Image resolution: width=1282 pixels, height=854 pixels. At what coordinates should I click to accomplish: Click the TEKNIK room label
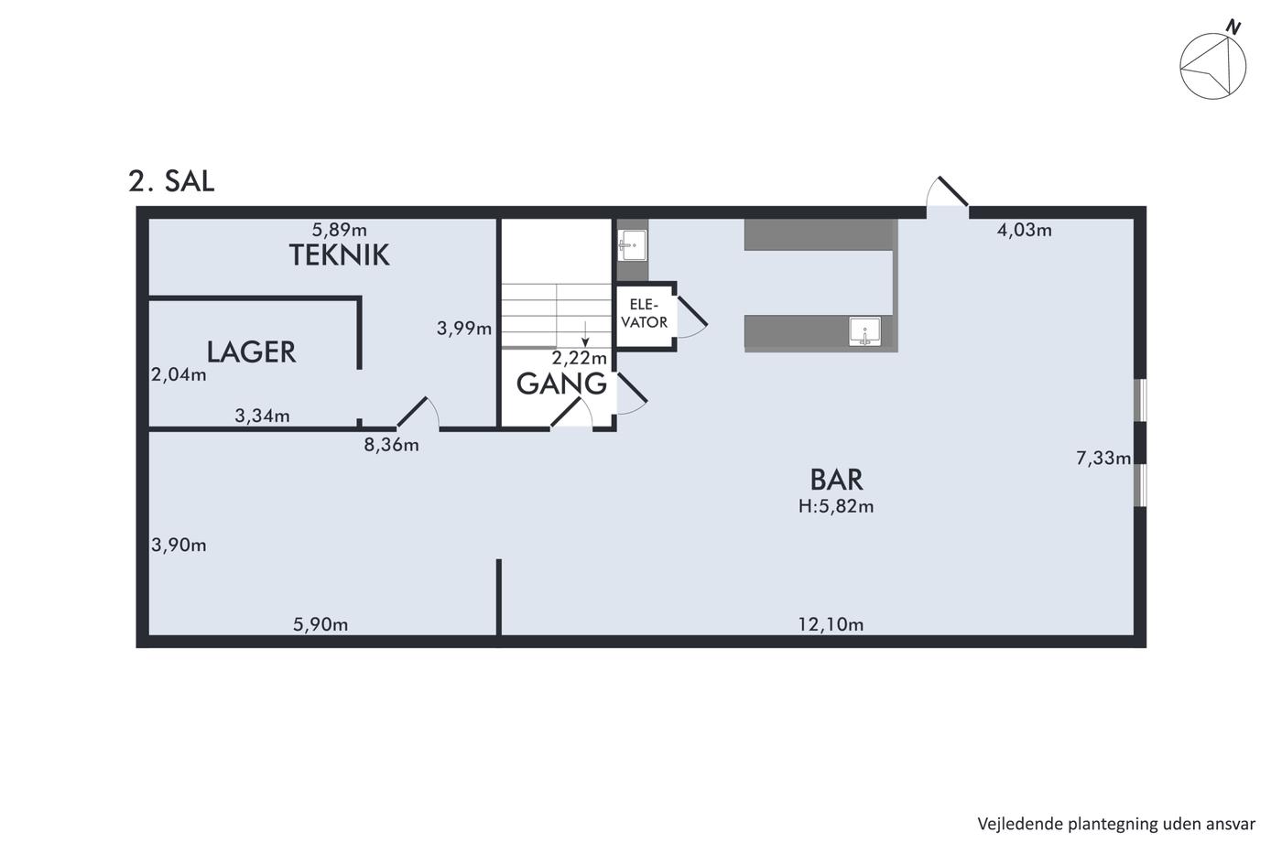pos(340,255)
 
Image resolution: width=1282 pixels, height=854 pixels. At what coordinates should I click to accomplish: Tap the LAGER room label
pos(251,351)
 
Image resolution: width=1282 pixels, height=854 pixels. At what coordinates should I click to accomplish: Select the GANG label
pos(561,384)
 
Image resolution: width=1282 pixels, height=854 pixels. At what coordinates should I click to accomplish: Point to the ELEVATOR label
pos(645,313)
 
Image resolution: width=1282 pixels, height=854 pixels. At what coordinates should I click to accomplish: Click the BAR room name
pos(836,480)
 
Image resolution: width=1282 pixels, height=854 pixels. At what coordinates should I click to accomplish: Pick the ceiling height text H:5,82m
pos(836,506)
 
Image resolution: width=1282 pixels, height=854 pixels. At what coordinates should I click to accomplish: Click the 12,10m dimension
pos(831,624)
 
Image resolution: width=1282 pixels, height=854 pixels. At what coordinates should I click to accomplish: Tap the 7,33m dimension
pos(1103,458)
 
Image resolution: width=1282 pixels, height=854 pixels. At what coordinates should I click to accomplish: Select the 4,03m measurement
pos(1025,230)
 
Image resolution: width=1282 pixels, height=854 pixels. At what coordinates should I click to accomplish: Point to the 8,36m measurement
pos(392,445)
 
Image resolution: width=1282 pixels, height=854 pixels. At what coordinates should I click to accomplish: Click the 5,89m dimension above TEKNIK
pos(340,230)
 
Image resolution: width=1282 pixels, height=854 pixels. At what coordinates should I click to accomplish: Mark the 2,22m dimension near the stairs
pos(579,358)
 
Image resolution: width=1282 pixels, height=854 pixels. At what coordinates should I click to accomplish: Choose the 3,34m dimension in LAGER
pos(262,416)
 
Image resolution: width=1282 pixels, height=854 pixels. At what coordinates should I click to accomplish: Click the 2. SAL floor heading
pos(172,181)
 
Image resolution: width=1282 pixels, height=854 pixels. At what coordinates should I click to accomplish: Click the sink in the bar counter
pos(864,332)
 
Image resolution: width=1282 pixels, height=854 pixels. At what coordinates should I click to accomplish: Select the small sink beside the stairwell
pos(632,245)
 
